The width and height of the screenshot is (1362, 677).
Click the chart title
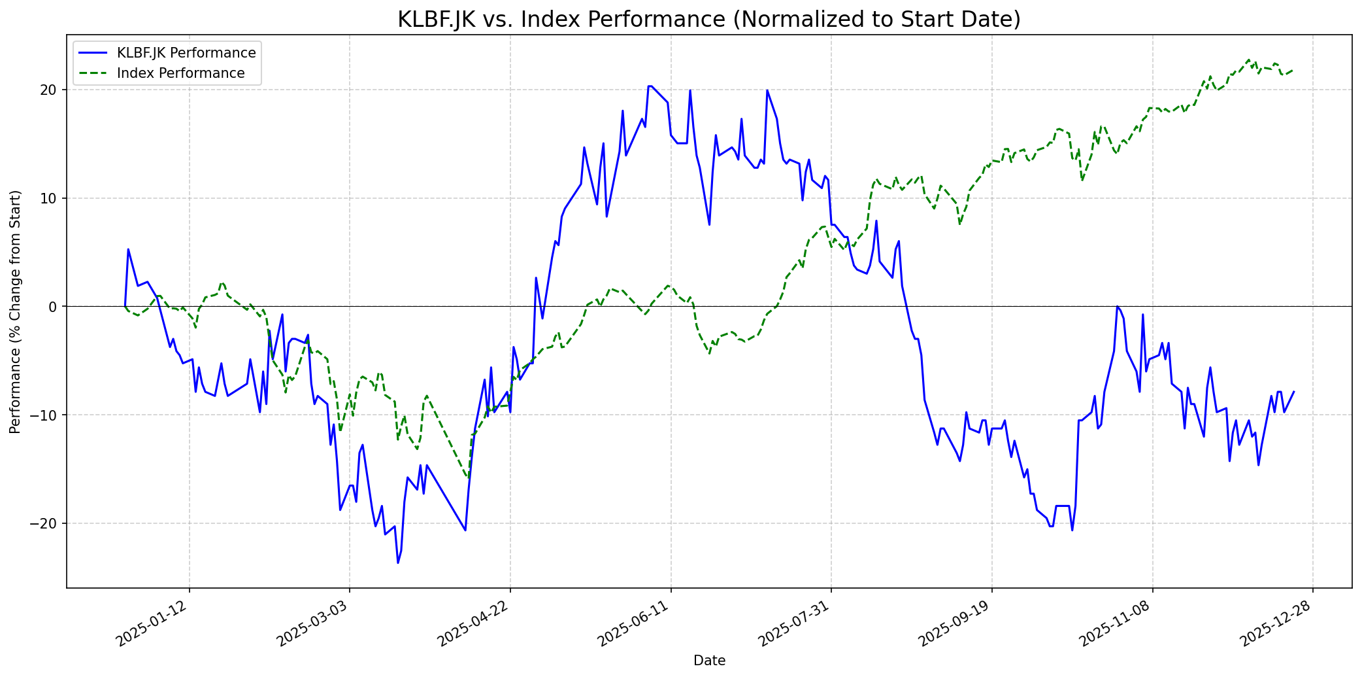(709, 20)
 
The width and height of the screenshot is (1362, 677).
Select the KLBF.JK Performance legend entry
(186, 53)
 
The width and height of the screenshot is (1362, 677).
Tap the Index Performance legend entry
(180, 73)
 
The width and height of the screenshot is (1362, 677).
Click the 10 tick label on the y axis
(50, 198)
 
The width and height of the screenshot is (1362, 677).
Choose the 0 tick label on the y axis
(54, 307)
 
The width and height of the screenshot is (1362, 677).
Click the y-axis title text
(16, 311)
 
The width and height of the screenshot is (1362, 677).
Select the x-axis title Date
(709, 661)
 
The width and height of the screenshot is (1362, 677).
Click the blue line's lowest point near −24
(397, 563)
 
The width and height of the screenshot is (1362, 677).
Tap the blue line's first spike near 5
(128, 249)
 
